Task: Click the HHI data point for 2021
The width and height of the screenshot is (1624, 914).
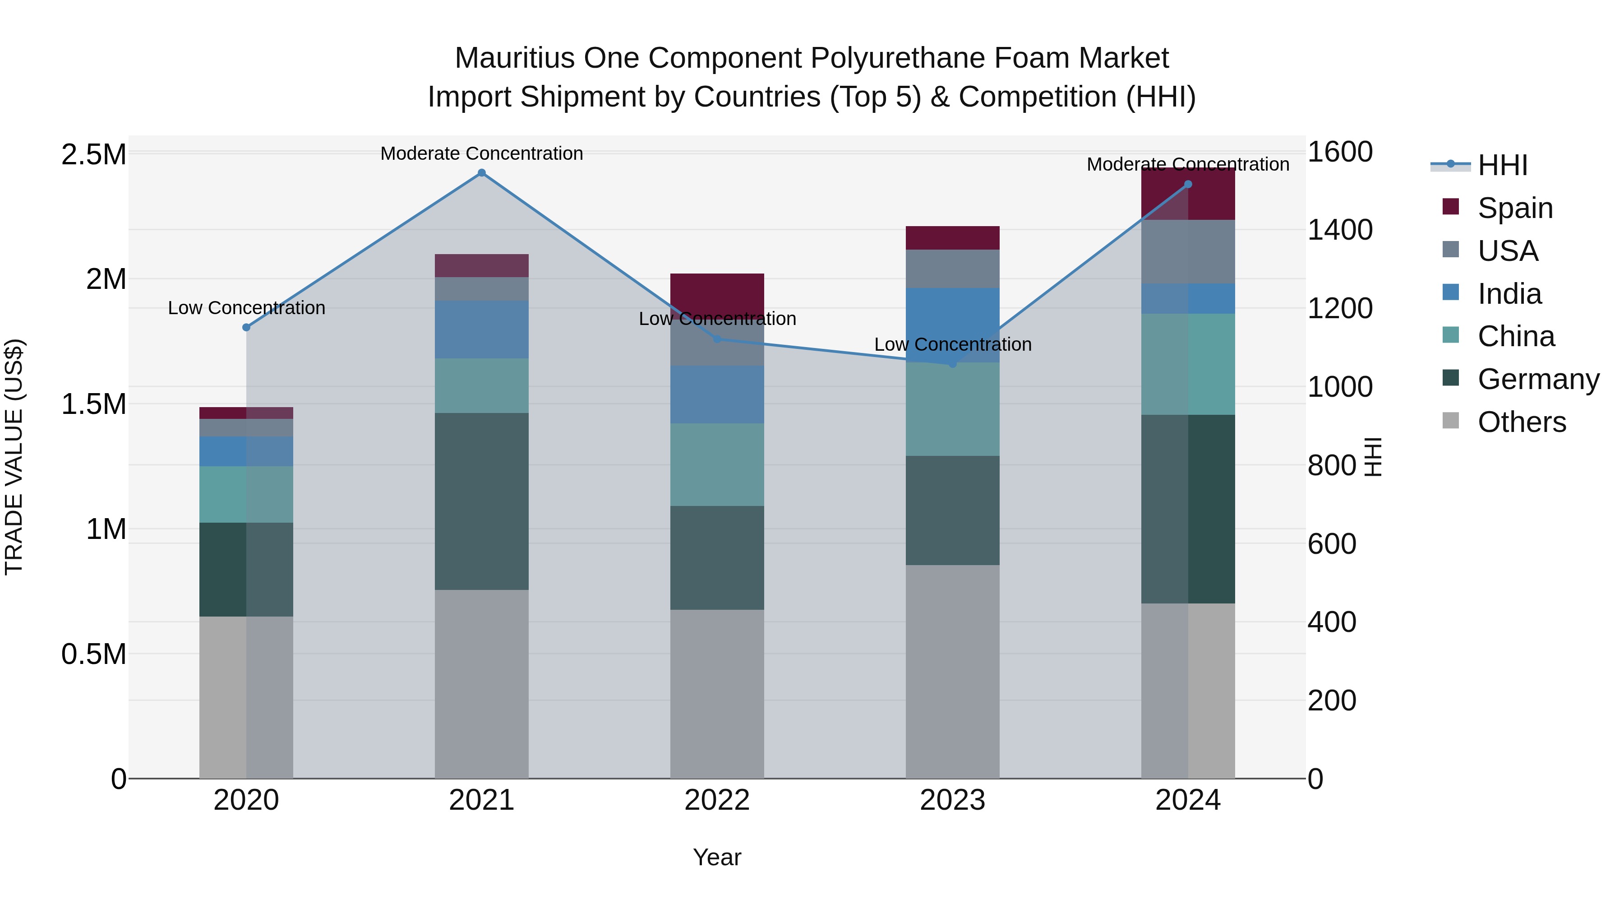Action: point(482,173)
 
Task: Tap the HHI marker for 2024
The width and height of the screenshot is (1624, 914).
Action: point(1188,184)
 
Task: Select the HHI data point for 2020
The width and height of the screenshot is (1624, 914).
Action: point(246,327)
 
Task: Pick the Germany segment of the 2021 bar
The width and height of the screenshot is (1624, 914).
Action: point(482,501)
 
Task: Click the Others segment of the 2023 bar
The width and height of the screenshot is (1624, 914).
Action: point(953,671)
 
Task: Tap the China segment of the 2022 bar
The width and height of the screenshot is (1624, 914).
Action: point(717,464)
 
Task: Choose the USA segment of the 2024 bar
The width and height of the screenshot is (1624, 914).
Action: point(1188,252)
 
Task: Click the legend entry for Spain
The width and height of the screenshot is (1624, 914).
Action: point(1515,208)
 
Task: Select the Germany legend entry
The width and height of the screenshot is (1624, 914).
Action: point(1538,379)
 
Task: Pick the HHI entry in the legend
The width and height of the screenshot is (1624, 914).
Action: point(1502,165)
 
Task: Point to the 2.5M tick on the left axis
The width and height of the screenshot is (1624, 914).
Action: point(93,154)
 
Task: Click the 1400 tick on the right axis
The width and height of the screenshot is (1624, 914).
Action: point(1340,230)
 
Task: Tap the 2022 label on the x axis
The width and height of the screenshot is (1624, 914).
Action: point(717,800)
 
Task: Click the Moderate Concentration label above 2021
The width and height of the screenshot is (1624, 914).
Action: point(482,153)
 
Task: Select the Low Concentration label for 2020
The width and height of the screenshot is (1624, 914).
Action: point(246,308)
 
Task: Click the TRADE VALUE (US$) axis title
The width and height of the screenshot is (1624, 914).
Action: point(14,457)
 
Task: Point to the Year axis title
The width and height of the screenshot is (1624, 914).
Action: point(717,857)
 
